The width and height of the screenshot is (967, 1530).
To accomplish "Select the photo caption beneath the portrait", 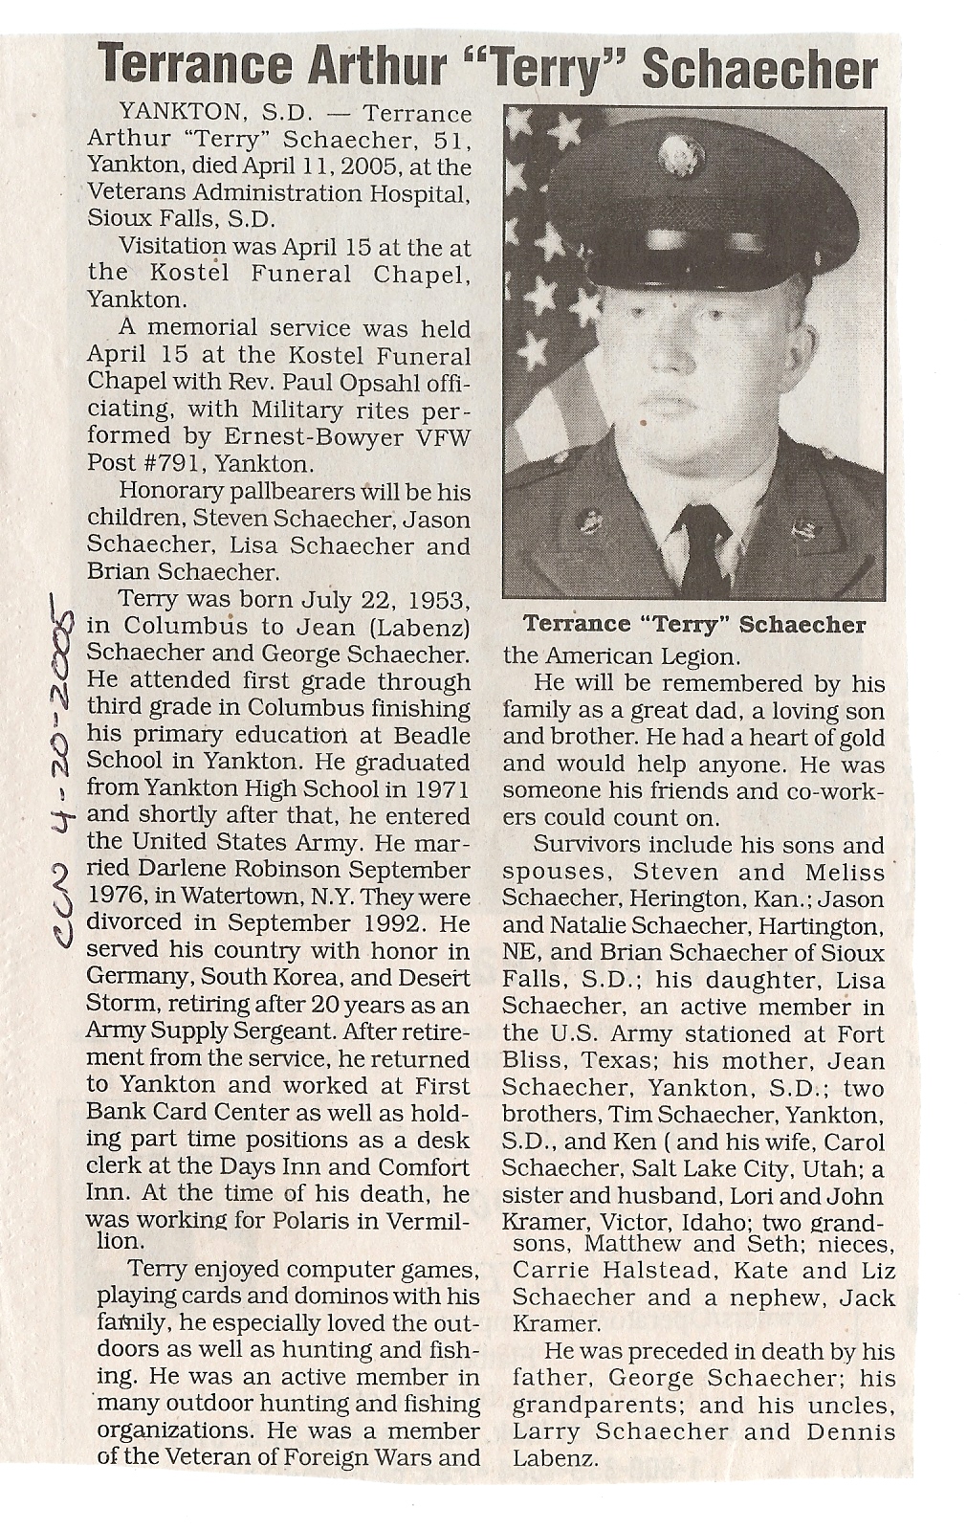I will (x=694, y=626).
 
